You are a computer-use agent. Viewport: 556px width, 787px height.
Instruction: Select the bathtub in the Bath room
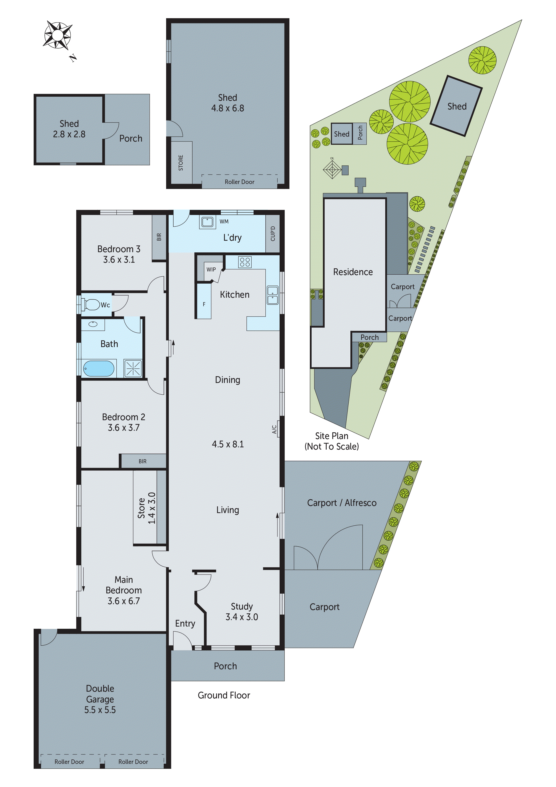pos(99,368)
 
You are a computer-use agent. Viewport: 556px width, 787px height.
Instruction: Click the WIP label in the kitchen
pos(211,269)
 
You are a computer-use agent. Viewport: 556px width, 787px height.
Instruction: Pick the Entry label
pos(185,623)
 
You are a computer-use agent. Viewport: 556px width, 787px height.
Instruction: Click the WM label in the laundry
pos(224,221)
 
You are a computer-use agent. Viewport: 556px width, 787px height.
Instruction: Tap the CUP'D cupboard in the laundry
pos(273,234)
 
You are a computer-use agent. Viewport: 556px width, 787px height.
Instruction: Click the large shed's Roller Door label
pos(239,182)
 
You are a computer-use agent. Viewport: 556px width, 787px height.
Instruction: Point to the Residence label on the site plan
pos(353,272)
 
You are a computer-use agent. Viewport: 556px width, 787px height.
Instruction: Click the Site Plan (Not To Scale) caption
pos(332,441)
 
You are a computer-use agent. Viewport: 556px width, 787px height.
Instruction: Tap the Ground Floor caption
pos(224,695)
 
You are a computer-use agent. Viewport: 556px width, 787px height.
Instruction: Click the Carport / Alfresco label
pos(341,503)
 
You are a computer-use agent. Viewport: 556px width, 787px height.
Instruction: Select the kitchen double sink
pos(273,295)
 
